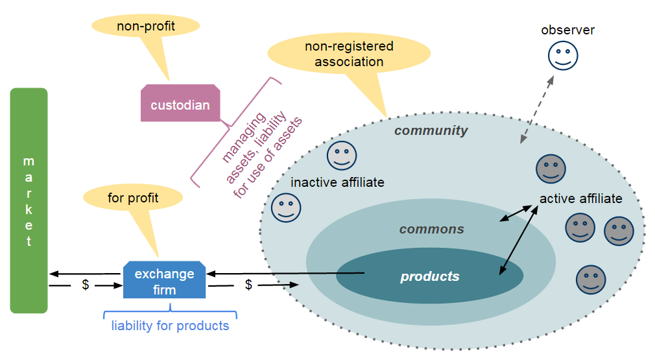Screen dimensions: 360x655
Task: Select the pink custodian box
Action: tap(180, 104)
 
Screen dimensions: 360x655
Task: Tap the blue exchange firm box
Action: tap(165, 281)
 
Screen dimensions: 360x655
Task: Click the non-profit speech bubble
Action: tap(146, 27)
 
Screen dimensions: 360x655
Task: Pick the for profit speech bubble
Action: tap(133, 197)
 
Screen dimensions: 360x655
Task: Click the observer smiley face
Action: tap(562, 55)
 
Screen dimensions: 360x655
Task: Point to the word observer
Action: tap(567, 30)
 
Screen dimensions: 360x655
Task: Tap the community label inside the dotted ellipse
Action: tap(431, 130)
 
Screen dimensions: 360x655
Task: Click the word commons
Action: tap(431, 229)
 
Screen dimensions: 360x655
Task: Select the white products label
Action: tap(429, 277)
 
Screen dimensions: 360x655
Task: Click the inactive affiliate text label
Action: tap(337, 182)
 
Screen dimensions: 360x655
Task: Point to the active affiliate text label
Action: tap(580, 198)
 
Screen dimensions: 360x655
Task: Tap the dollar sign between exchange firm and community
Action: tap(249, 285)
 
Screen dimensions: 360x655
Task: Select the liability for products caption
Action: tap(170, 326)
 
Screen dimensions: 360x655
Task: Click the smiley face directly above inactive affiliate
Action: tap(341, 156)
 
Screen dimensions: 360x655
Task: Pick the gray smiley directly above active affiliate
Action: tap(551, 169)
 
